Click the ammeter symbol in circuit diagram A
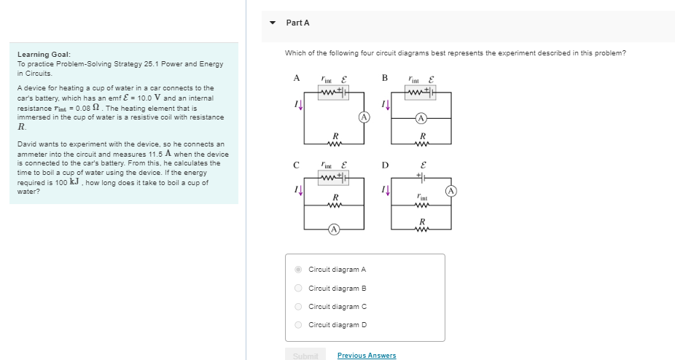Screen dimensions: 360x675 pos(363,117)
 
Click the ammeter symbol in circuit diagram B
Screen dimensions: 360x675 pos(421,117)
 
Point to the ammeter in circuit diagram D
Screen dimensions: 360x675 pos(450,191)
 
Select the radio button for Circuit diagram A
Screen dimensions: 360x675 pos(298,270)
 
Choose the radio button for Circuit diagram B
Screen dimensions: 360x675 pos(298,288)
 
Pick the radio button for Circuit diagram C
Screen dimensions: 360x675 pos(298,307)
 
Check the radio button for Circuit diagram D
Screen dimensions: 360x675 pos(298,325)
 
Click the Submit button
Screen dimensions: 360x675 pos(305,356)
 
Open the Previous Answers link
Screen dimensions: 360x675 pos(367,356)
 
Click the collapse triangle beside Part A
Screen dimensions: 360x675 pos(273,23)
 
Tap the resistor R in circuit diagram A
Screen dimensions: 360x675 pos(334,141)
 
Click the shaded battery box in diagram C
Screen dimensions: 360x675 pos(334,178)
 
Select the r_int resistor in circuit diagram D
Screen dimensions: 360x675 pos(421,203)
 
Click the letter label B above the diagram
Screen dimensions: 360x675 pos(385,78)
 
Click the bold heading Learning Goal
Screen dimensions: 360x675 pos(44,55)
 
